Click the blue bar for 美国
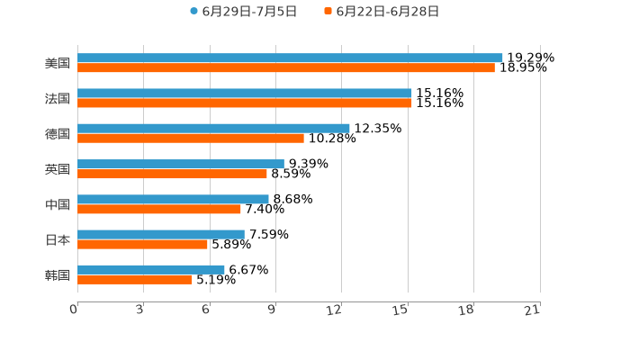point(290,58)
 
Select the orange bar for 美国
point(286,67)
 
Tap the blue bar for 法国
point(245,93)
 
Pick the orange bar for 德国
point(191,139)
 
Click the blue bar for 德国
point(213,129)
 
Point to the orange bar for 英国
point(172,174)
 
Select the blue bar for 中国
point(173,199)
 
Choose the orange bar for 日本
point(142,244)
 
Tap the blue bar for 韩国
point(151,269)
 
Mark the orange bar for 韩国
point(135,279)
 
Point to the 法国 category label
point(58,98)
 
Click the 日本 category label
point(58,239)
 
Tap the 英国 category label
point(58,169)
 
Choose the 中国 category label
point(58,204)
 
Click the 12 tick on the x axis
point(335,310)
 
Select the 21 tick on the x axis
point(532,310)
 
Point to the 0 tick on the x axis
point(75,310)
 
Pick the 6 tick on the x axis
point(206,310)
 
